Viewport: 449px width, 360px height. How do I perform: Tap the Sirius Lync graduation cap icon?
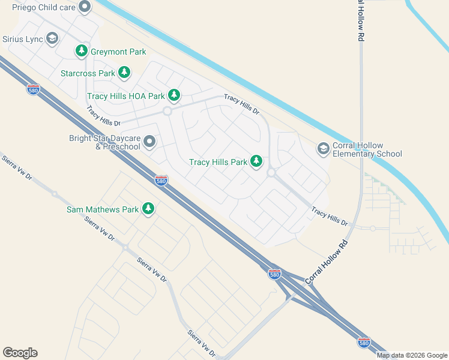coord(52,39)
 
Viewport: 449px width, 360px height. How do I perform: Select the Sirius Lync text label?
coord(23,39)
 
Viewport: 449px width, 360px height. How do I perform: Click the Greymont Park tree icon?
coord(82,52)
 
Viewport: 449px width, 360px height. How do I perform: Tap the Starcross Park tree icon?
coord(124,73)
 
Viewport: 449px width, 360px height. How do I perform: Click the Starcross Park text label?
coord(88,73)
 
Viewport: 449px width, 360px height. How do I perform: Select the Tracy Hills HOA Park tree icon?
coord(174,95)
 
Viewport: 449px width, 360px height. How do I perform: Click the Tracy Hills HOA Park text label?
coord(126,95)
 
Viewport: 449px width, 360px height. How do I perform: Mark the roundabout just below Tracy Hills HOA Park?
coord(167,111)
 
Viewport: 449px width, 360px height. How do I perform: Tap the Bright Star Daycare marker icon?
coord(149,142)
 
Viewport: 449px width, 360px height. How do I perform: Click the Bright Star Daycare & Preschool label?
coord(104,143)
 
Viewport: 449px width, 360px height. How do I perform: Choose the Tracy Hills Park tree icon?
coord(256,161)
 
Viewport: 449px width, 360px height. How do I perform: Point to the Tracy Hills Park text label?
coord(218,162)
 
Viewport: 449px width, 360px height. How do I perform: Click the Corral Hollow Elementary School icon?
coord(324,148)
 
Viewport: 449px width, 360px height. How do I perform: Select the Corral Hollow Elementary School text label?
coord(367,149)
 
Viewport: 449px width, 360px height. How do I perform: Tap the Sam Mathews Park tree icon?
coord(148,209)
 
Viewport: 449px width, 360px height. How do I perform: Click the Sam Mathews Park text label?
coord(103,209)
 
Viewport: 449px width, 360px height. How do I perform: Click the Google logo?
coord(20,353)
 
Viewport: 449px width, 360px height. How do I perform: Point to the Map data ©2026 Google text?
coord(412,355)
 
